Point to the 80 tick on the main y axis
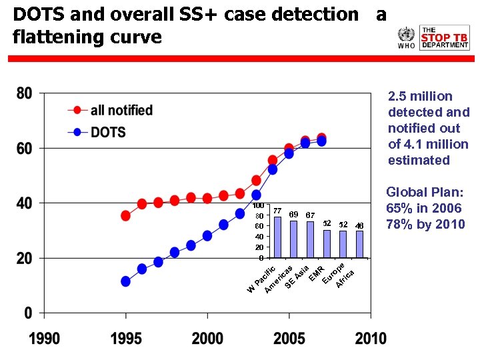[24, 93]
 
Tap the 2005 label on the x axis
[289, 338]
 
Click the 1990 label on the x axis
[45, 338]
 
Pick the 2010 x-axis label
[370, 338]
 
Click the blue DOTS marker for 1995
[125, 281]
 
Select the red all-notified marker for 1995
[125, 215]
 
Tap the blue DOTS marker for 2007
[321, 141]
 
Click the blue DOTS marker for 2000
[207, 235]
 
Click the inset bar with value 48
[359, 244]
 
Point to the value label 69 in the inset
[293, 215]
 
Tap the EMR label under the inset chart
[316, 273]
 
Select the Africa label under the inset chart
[345, 278]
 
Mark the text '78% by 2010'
[425, 224]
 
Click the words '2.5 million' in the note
[420, 96]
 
